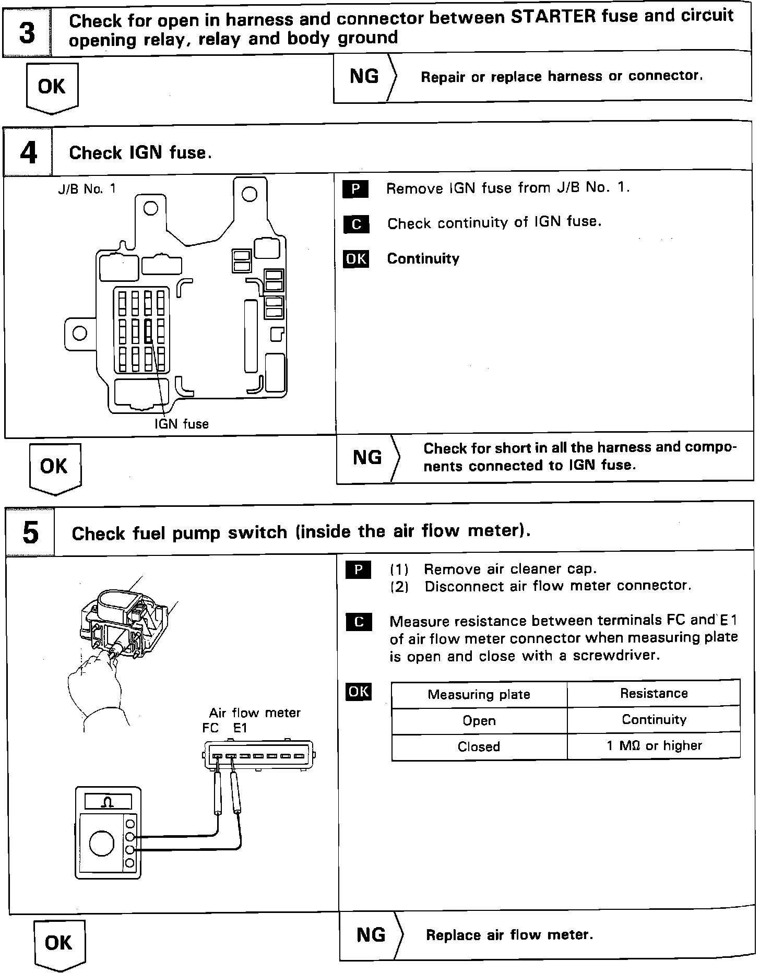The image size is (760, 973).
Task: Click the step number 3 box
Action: [27, 32]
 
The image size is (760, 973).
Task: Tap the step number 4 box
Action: [28, 152]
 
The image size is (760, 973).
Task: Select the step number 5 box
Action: [31, 532]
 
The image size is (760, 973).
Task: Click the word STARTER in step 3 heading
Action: [553, 17]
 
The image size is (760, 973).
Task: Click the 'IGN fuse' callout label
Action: [181, 424]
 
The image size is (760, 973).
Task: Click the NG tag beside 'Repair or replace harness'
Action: [364, 76]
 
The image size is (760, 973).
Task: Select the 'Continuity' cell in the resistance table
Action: [654, 719]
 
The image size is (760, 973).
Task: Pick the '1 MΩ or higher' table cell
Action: [654, 745]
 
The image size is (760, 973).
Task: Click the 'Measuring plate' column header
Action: [479, 694]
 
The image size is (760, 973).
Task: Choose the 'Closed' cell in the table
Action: [479, 746]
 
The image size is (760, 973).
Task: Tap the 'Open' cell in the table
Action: [479, 720]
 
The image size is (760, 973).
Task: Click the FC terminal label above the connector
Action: [210, 728]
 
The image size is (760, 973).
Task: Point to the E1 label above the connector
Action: [240, 728]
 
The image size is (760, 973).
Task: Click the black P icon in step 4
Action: [355, 189]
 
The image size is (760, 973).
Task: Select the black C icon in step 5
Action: [359, 622]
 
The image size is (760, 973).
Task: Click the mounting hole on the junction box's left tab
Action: [79, 333]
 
